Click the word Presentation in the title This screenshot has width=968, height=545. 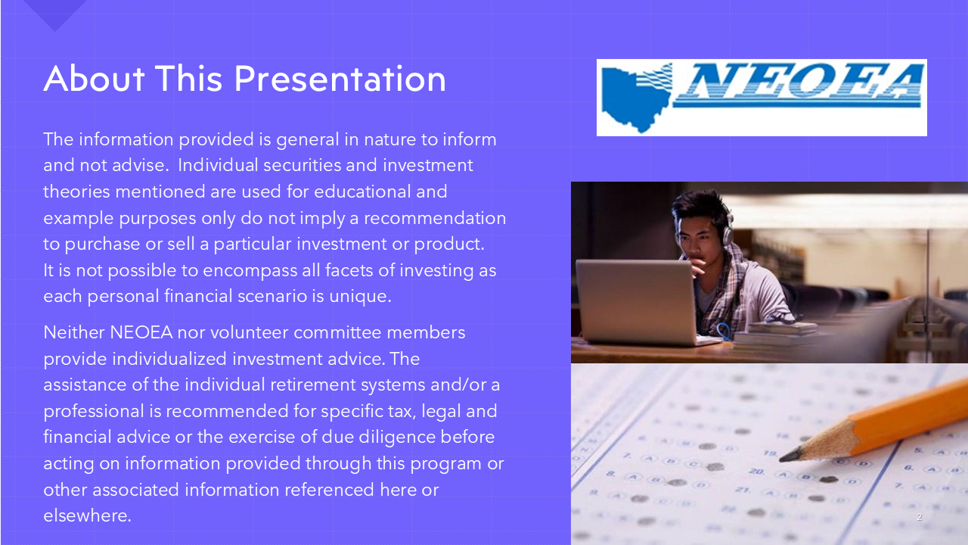340,79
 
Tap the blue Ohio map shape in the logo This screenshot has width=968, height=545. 635,98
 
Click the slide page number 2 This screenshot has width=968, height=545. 919,517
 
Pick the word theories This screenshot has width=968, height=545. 76,192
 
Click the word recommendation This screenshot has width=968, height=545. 435,218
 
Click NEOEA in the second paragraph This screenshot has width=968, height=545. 141,332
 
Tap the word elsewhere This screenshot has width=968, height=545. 87,516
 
